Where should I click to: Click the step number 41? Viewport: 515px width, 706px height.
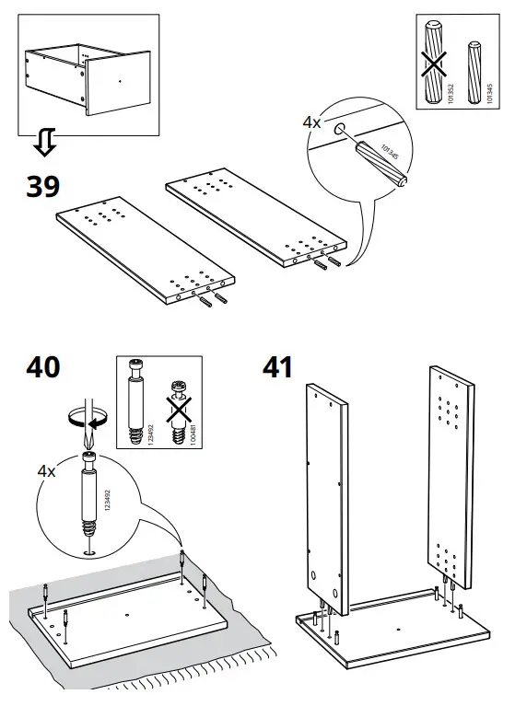[x=276, y=366]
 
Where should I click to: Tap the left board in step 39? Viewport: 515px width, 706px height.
[x=143, y=249]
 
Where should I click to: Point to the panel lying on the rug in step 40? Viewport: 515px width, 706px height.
[x=129, y=617]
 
